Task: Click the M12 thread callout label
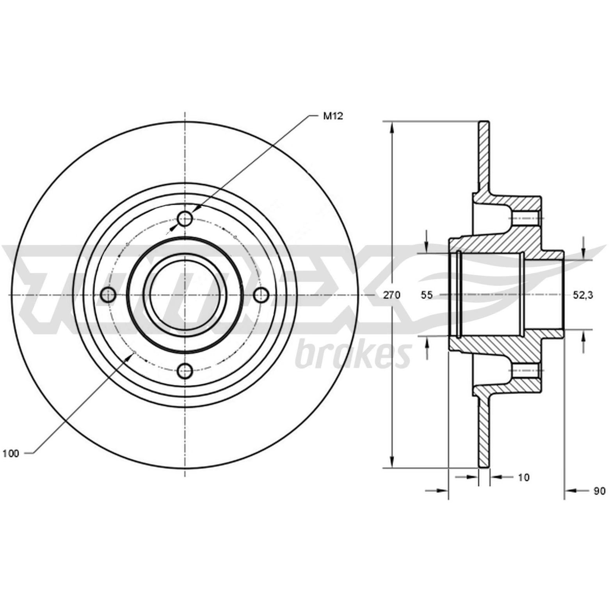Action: point(333,116)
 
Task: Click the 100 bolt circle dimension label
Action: point(11,453)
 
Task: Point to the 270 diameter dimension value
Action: point(391,295)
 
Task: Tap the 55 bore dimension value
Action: point(427,295)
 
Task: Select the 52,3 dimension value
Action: point(583,295)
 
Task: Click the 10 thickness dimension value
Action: point(524,477)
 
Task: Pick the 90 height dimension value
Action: point(599,491)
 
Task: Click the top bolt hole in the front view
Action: point(185,219)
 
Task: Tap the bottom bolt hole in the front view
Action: point(185,371)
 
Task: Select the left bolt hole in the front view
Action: point(108,295)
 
